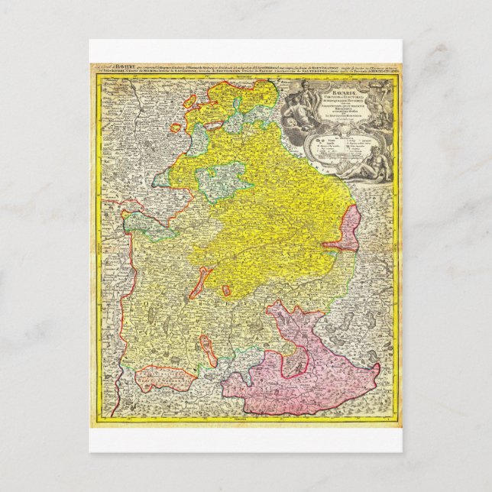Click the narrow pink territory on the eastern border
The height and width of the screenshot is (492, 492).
point(348,237)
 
